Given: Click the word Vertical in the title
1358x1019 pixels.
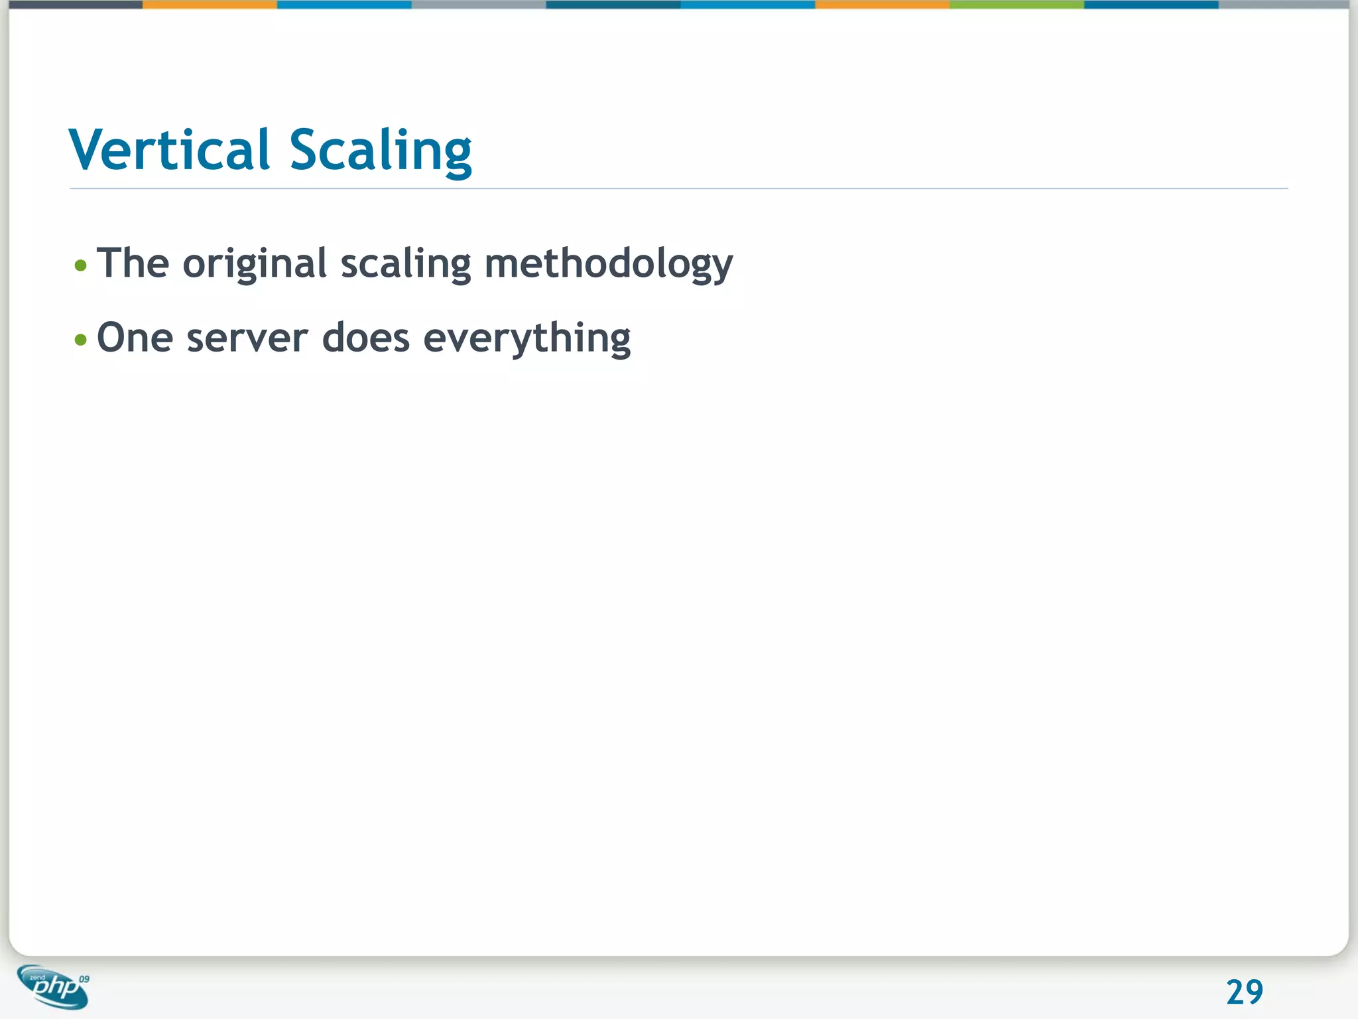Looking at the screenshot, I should [x=170, y=150].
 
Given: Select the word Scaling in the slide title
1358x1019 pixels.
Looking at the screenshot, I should [x=381, y=151].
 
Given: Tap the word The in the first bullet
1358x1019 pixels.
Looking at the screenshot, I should [x=133, y=263].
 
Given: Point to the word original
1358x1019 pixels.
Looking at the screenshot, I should [x=255, y=264].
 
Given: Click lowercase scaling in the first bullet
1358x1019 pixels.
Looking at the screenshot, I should [x=406, y=264].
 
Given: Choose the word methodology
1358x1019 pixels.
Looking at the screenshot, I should [x=609, y=264].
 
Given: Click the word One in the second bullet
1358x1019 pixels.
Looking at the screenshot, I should [x=135, y=338].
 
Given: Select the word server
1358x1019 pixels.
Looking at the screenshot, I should [x=247, y=338].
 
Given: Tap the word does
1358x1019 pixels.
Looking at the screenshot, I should [x=366, y=338].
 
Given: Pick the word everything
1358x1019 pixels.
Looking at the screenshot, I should [x=527, y=339].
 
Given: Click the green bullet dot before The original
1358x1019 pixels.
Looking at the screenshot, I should [x=81, y=266].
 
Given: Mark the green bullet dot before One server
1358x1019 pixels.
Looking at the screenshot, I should [x=81, y=340].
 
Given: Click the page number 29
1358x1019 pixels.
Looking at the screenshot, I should [x=1245, y=992].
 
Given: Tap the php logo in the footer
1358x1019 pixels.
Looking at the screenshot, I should [x=53, y=986].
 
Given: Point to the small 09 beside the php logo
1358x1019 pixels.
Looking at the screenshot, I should [x=84, y=979].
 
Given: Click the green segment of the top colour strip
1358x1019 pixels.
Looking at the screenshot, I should [x=1017, y=5].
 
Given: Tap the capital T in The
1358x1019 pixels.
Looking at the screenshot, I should [x=111, y=263].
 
